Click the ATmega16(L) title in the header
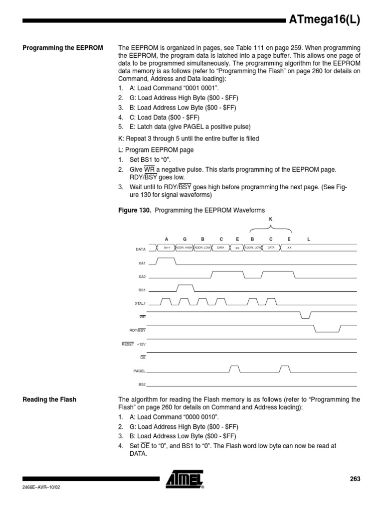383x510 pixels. pyautogui.click(x=324, y=20)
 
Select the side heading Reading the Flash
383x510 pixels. pyautogui.click(x=49, y=399)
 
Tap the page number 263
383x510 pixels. pyautogui.click(x=355, y=479)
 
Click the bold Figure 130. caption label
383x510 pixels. pyautogui.click(x=135, y=211)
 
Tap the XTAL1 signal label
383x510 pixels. pyautogui.click(x=140, y=303)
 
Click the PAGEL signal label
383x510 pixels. pyautogui.click(x=139, y=371)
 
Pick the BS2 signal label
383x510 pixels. pyautogui.click(x=142, y=384)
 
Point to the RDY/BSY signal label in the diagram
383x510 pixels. pyautogui.click(x=138, y=330)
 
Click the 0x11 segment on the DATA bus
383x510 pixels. pyautogui.click(x=167, y=247)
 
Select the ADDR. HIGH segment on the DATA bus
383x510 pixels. pyautogui.click(x=185, y=247)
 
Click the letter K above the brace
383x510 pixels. pyautogui.click(x=271, y=219)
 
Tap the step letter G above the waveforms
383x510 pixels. pyautogui.click(x=185, y=239)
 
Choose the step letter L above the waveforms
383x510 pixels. pyautogui.click(x=308, y=239)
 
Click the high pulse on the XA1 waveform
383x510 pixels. pyautogui.click(x=167, y=259)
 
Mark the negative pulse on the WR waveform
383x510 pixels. pyautogui.click(x=305, y=315)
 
